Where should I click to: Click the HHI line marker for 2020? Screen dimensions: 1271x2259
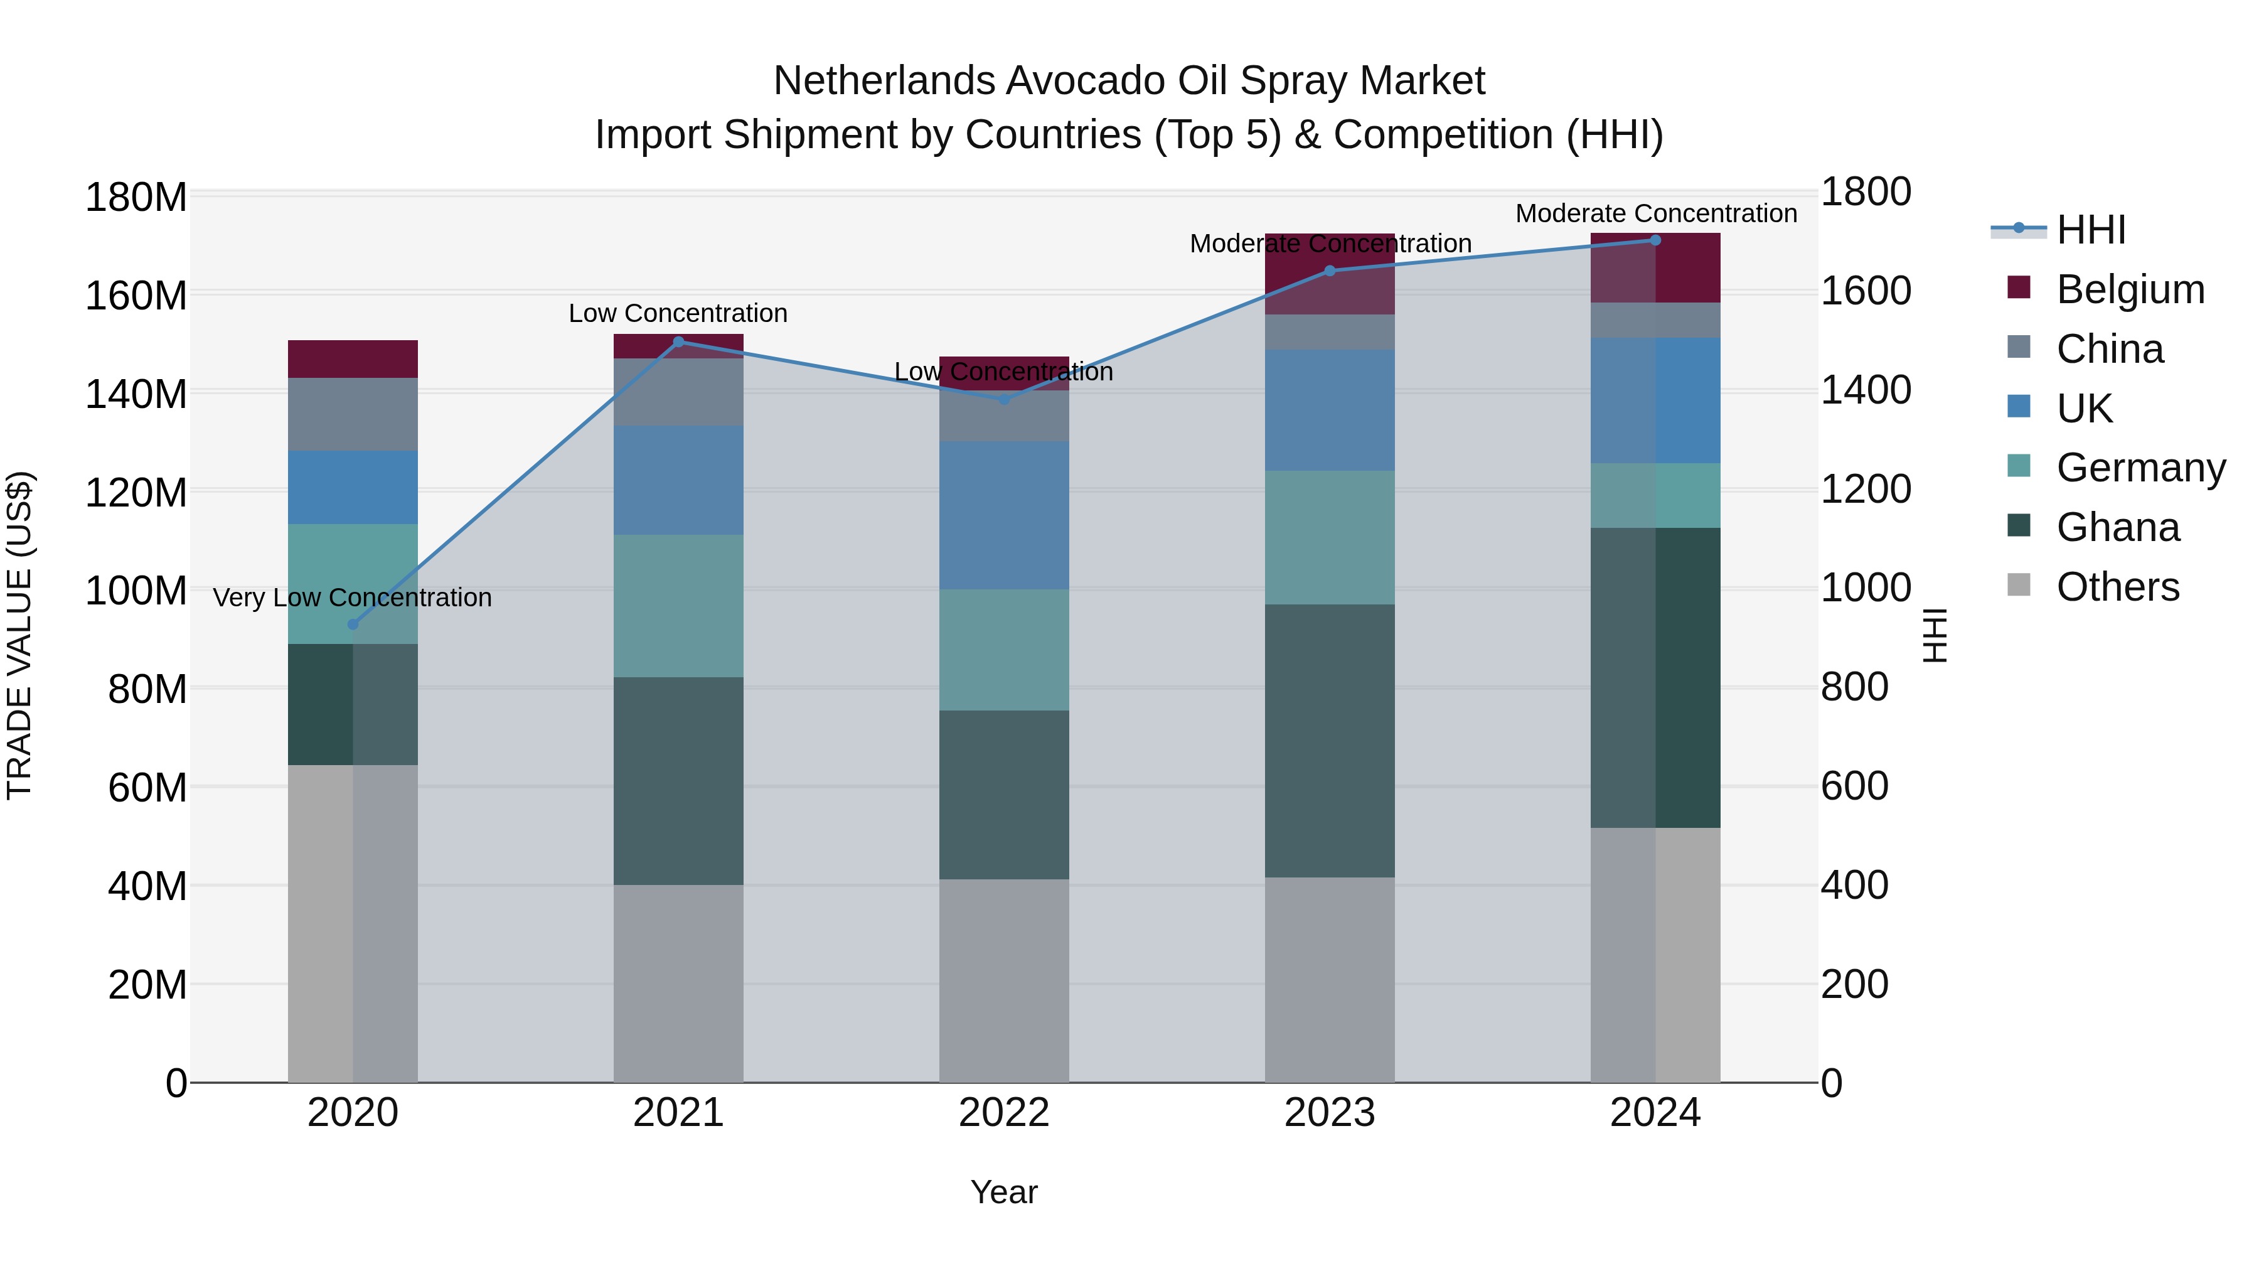353,625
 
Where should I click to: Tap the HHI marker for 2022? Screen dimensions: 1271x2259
1004,399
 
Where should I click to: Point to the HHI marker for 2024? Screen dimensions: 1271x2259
1656,240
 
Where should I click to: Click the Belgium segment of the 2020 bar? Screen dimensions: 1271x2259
353,359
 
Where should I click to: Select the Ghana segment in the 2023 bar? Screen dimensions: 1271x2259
1330,741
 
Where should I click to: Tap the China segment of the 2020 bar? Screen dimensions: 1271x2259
353,414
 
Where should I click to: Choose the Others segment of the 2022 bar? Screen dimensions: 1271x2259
1004,980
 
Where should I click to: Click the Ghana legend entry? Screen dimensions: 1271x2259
2117,527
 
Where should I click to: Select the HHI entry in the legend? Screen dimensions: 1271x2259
2091,230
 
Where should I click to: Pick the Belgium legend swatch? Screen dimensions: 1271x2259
2019,287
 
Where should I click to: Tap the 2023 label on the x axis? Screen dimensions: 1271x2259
1330,1113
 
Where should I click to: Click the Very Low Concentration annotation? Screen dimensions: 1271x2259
353,598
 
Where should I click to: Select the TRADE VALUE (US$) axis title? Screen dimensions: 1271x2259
19,635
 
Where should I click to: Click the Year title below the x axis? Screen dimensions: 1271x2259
1003,1192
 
